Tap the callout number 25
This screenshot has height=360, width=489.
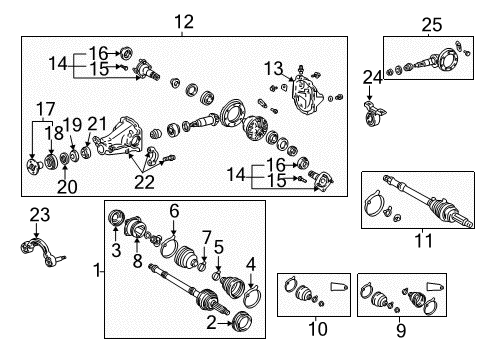pyautogui.click(x=430, y=23)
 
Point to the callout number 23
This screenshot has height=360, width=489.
pyautogui.click(x=38, y=213)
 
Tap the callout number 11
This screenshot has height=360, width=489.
pyautogui.click(x=423, y=240)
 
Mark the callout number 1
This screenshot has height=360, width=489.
pyautogui.click(x=97, y=269)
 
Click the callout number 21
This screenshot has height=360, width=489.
pyautogui.click(x=96, y=123)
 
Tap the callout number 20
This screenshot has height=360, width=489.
pyautogui.click(x=66, y=184)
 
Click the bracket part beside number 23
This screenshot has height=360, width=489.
pyautogui.click(x=36, y=245)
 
